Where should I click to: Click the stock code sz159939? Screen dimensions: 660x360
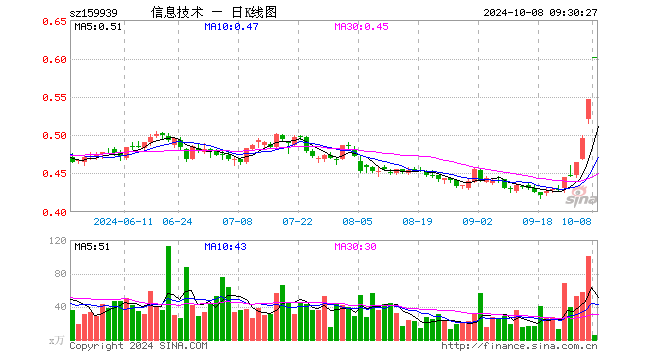[93, 13]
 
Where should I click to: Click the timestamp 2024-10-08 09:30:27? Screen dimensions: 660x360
[540, 13]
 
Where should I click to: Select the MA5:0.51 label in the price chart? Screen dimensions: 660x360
[98, 27]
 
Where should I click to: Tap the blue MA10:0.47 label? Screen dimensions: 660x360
[231, 27]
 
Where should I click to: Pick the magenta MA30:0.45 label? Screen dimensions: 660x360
[361, 27]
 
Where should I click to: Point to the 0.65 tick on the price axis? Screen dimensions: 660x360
[54, 21]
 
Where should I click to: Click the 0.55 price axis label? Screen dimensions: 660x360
[54, 98]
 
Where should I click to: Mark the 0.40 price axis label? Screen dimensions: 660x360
[54, 213]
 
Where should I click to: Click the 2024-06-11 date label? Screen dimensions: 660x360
[123, 222]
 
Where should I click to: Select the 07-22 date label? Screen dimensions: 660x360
[297, 222]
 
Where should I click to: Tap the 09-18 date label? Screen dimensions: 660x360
[537, 222]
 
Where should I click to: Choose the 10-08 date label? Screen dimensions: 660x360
[577, 222]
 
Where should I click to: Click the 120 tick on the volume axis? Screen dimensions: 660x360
[58, 240]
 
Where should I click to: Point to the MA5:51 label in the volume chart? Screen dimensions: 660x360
[92, 247]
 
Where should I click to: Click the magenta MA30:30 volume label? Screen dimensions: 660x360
[355, 247]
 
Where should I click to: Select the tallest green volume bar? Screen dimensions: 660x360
[168, 293]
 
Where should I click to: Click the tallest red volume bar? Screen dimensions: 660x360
[588, 298]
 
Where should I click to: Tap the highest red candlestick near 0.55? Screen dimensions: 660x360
[588, 109]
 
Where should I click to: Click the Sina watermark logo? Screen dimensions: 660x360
[581, 197]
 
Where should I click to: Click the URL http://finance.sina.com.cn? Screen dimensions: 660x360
[519, 346]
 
